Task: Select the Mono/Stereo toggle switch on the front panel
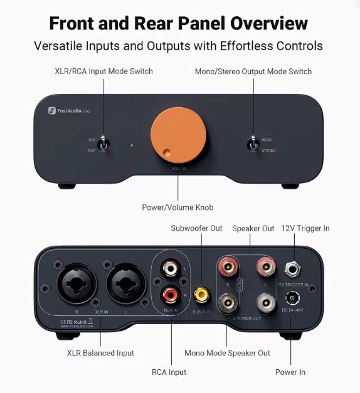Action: coord(253,144)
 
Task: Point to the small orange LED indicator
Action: coord(132,146)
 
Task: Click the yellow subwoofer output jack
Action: coord(201,293)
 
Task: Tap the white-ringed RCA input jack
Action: coord(169,270)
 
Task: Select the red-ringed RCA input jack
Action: coord(169,294)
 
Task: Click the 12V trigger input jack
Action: coord(292,270)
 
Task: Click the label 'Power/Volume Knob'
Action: coord(178,207)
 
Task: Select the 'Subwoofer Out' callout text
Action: coord(196,228)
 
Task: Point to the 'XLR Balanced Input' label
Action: coord(100,353)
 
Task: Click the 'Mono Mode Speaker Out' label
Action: coord(227,353)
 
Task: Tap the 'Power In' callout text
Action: coord(290,372)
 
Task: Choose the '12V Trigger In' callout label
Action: coord(305,228)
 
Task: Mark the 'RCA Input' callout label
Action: coord(169,372)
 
